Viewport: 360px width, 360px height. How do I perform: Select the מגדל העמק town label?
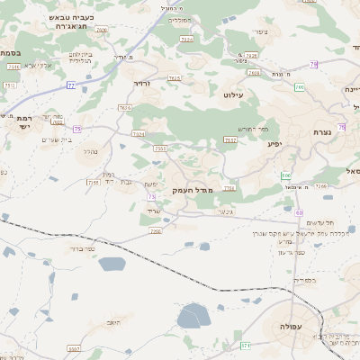pos(189,191)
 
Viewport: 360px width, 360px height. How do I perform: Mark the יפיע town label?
pos(275,142)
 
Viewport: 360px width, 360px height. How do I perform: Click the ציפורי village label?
pos(262,33)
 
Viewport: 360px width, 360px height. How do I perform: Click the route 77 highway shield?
pos(70,85)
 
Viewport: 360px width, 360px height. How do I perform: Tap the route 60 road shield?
pos(298,211)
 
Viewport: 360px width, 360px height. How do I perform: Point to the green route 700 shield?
pos(286,175)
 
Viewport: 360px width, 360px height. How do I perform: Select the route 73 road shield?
pos(152,196)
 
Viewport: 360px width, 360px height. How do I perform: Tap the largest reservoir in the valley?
pos(193,316)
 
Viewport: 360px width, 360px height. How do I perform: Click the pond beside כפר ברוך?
pos(112,264)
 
